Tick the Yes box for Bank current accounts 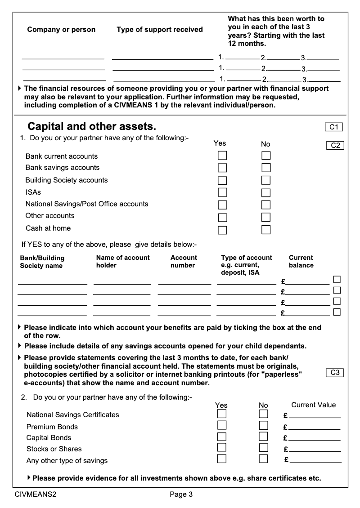222,156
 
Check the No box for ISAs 266,193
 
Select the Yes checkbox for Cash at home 222,230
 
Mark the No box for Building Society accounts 266,180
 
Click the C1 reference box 333,127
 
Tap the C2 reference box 335,145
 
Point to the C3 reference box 334,373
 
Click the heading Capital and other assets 92,127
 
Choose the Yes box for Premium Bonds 222,425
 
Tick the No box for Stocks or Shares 264,447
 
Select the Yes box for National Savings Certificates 222,414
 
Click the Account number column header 184,262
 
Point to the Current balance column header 301,262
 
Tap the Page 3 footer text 181,495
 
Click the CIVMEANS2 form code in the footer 35,495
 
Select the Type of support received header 160,30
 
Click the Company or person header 61,30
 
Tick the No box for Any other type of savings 264,459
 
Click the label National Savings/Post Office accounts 87,204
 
